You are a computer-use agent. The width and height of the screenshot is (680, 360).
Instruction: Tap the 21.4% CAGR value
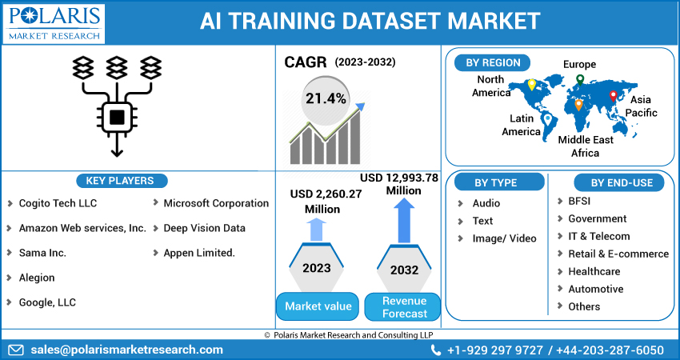click(x=325, y=99)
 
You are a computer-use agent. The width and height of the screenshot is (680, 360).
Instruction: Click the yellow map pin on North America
click(x=530, y=85)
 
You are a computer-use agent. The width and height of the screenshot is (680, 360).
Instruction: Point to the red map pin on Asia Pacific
click(x=614, y=96)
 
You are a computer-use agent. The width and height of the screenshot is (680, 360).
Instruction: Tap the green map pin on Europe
click(x=580, y=79)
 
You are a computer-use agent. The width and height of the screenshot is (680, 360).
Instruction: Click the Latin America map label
click(x=521, y=125)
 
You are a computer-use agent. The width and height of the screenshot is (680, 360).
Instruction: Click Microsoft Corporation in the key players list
click(x=216, y=203)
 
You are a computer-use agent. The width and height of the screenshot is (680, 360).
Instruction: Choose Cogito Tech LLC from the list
click(x=58, y=203)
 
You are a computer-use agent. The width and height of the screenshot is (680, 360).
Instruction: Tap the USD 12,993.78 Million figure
click(x=398, y=184)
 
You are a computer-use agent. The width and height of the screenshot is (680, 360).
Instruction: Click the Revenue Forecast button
click(x=404, y=306)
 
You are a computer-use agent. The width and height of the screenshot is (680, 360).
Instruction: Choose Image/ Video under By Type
click(x=504, y=238)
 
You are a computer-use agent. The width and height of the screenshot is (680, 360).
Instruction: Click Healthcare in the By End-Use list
click(x=594, y=271)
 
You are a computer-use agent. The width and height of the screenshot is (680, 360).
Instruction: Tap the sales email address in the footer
click(x=126, y=350)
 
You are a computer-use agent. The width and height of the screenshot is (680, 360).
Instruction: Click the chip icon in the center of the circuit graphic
click(x=117, y=118)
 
